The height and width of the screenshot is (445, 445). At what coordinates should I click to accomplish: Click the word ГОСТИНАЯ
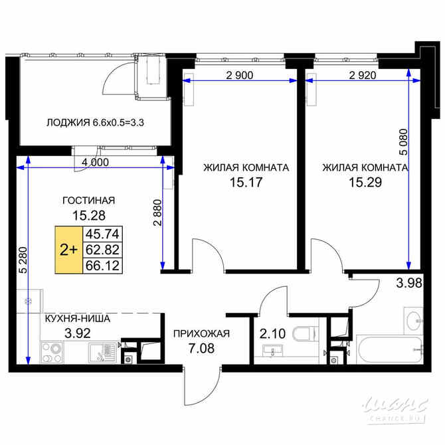pyautogui.click(x=88, y=200)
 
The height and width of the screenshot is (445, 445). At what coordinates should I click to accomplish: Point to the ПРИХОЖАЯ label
pyautogui.click(x=201, y=335)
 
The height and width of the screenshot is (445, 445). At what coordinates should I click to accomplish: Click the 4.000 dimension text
pyautogui.click(x=96, y=161)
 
